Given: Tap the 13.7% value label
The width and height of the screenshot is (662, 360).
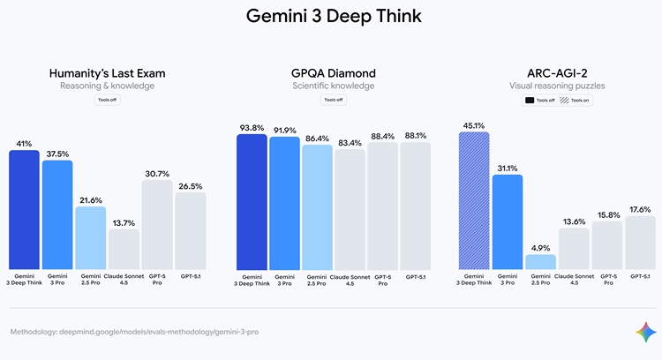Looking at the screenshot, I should (124, 223).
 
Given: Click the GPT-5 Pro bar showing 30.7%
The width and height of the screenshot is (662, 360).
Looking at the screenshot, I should (156, 225).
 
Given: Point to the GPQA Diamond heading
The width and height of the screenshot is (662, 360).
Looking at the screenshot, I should (333, 72).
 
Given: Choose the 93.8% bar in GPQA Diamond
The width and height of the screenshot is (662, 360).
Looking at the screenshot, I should (252, 202).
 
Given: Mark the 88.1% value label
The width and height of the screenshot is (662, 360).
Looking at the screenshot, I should (415, 135).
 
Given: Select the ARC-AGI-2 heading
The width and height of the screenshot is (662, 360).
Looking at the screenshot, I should (557, 72).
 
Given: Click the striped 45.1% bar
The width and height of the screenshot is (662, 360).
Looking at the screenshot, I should (474, 200).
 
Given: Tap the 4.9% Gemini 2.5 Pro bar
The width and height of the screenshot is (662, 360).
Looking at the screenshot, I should (540, 262).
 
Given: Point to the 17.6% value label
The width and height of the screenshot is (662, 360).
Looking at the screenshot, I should (640, 209).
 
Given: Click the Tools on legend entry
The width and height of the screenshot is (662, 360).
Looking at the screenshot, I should (575, 101).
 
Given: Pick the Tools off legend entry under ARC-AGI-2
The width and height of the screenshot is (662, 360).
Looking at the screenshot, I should (540, 101).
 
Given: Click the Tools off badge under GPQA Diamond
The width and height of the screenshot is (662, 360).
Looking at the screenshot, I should (333, 101).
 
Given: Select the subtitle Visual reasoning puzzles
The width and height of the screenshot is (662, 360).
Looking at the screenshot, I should (557, 86).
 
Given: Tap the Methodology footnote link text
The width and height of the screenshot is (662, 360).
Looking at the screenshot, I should (134, 332).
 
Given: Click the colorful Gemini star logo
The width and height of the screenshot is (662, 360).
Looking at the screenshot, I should (645, 332).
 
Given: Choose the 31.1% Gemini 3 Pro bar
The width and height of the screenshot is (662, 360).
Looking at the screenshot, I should (508, 222).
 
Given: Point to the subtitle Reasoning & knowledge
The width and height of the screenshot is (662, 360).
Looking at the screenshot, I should (107, 86).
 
